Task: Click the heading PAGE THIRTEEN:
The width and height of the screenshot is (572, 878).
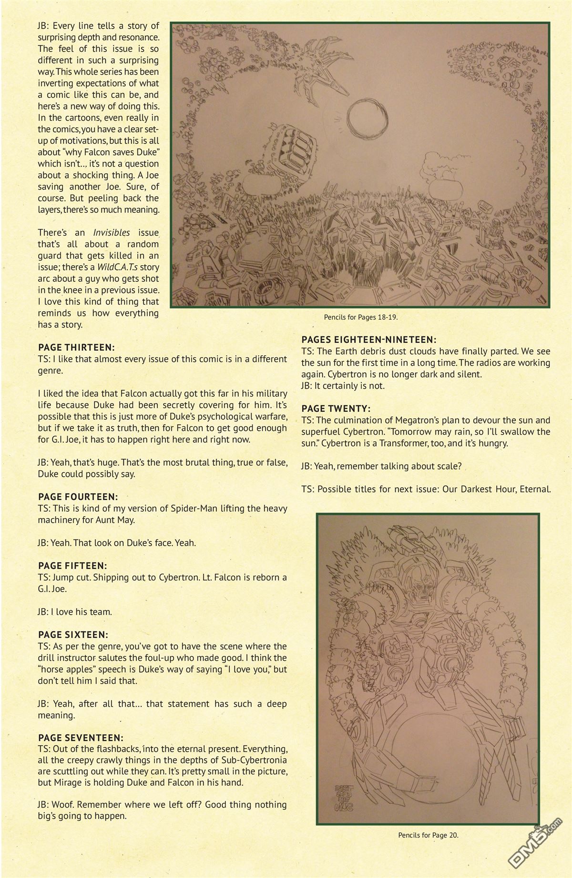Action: tap(76, 348)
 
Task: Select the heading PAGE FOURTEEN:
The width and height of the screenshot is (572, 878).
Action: tap(78, 497)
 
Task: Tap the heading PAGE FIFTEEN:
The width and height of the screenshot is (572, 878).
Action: tap(72, 566)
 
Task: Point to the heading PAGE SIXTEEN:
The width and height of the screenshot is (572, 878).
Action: tap(73, 635)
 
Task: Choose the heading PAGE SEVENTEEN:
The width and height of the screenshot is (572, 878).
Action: tap(81, 738)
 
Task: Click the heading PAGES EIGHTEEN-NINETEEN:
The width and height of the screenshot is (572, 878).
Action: tap(369, 340)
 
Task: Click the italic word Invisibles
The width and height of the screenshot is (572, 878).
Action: tap(112, 233)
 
